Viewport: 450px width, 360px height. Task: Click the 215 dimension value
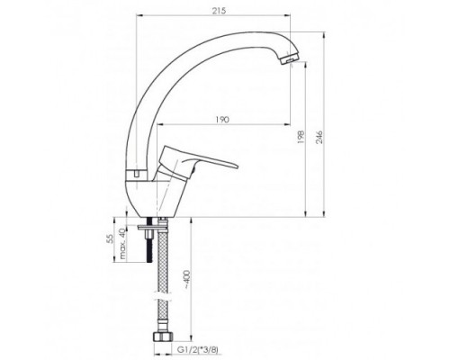[219, 11]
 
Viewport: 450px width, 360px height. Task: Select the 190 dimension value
[222, 120]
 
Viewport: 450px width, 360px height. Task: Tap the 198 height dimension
[301, 137]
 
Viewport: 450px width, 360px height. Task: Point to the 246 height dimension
[319, 137]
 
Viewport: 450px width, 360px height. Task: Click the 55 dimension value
[111, 238]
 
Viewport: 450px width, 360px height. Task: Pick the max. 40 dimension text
[122, 243]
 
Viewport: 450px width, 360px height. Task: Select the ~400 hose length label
[186, 279]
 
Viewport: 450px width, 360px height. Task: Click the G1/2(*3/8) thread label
[198, 350]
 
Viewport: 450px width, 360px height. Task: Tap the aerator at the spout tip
[289, 58]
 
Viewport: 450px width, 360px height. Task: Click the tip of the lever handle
[237, 166]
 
